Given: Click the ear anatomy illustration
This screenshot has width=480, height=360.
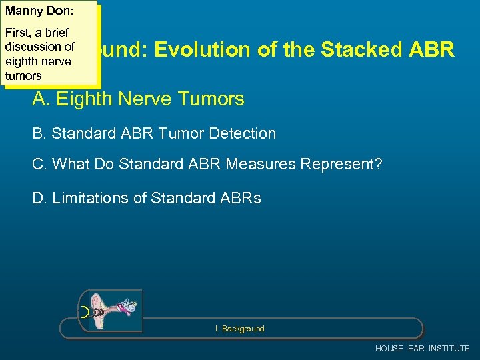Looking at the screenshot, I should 111,311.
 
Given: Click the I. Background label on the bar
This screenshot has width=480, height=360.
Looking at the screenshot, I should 239,329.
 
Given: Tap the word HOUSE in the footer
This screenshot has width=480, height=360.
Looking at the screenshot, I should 389,349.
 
